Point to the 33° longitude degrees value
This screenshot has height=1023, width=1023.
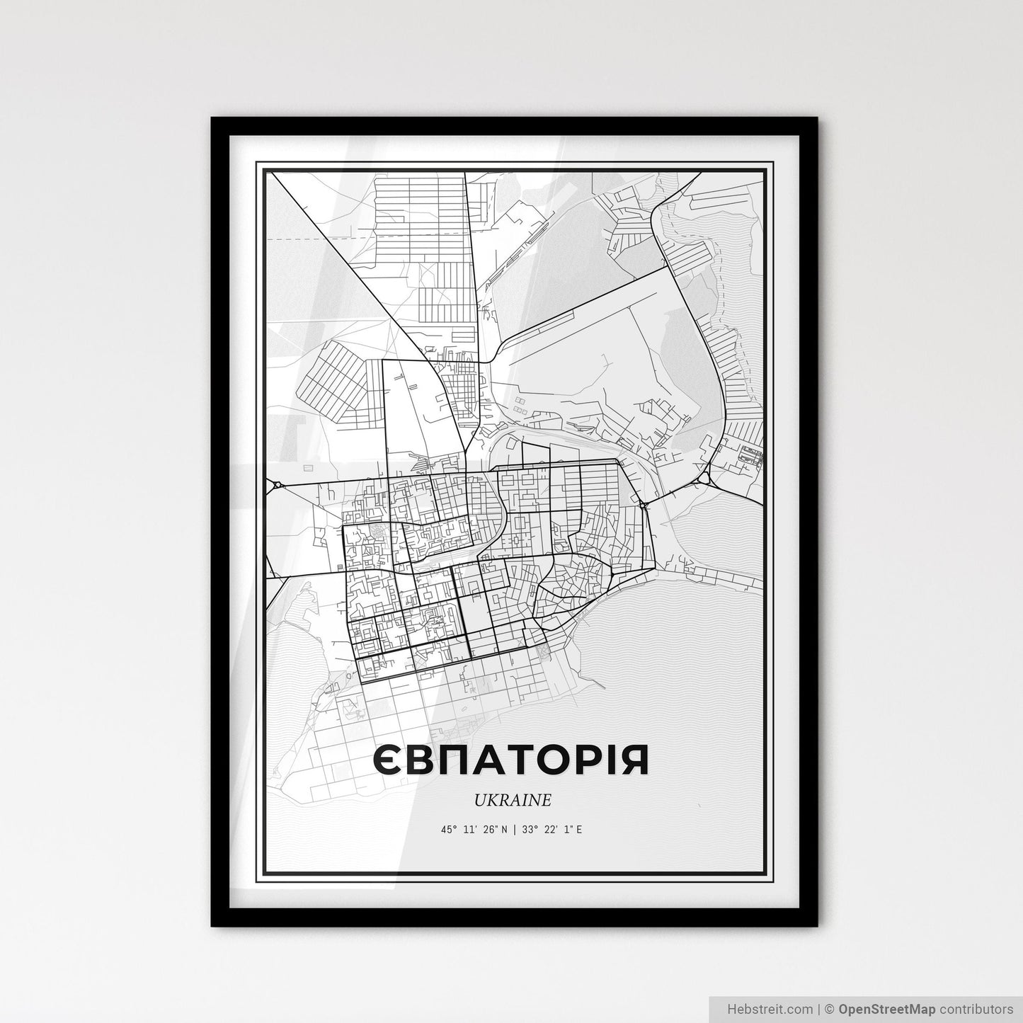(x=527, y=829)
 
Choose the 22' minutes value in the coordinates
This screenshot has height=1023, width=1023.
(x=549, y=829)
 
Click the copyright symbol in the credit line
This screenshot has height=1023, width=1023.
(x=830, y=1008)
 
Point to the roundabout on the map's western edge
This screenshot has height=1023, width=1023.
(x=275, y=485)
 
